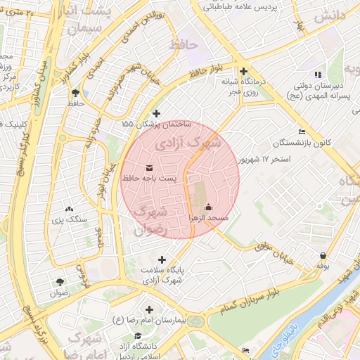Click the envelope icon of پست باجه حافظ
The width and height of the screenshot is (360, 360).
click(x=149, y=167)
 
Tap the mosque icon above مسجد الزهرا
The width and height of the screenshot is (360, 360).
click(x=208, y=207)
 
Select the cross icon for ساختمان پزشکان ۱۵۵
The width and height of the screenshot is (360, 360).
click(x=156, y=113)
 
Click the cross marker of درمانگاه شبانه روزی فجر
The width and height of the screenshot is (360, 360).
click(x=243, y=71)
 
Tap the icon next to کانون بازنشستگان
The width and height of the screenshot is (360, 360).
click(x=302, y=131)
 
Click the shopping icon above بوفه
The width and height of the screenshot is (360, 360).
click(x=323, y=255)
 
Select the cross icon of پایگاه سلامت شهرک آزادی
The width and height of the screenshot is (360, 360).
click(x=163, y=259)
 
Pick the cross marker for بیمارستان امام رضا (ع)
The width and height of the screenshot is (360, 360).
click(x=149, y=309)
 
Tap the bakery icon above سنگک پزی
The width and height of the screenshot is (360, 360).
click(x=69, y=208)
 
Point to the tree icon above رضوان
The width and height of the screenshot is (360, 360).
click(x=60, y=282)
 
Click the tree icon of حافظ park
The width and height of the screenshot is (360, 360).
click(x=75, y=92)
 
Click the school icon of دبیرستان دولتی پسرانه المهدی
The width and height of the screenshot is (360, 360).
click(x=318, y=74)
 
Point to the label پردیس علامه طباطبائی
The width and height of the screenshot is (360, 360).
click(x=240, y=6)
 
